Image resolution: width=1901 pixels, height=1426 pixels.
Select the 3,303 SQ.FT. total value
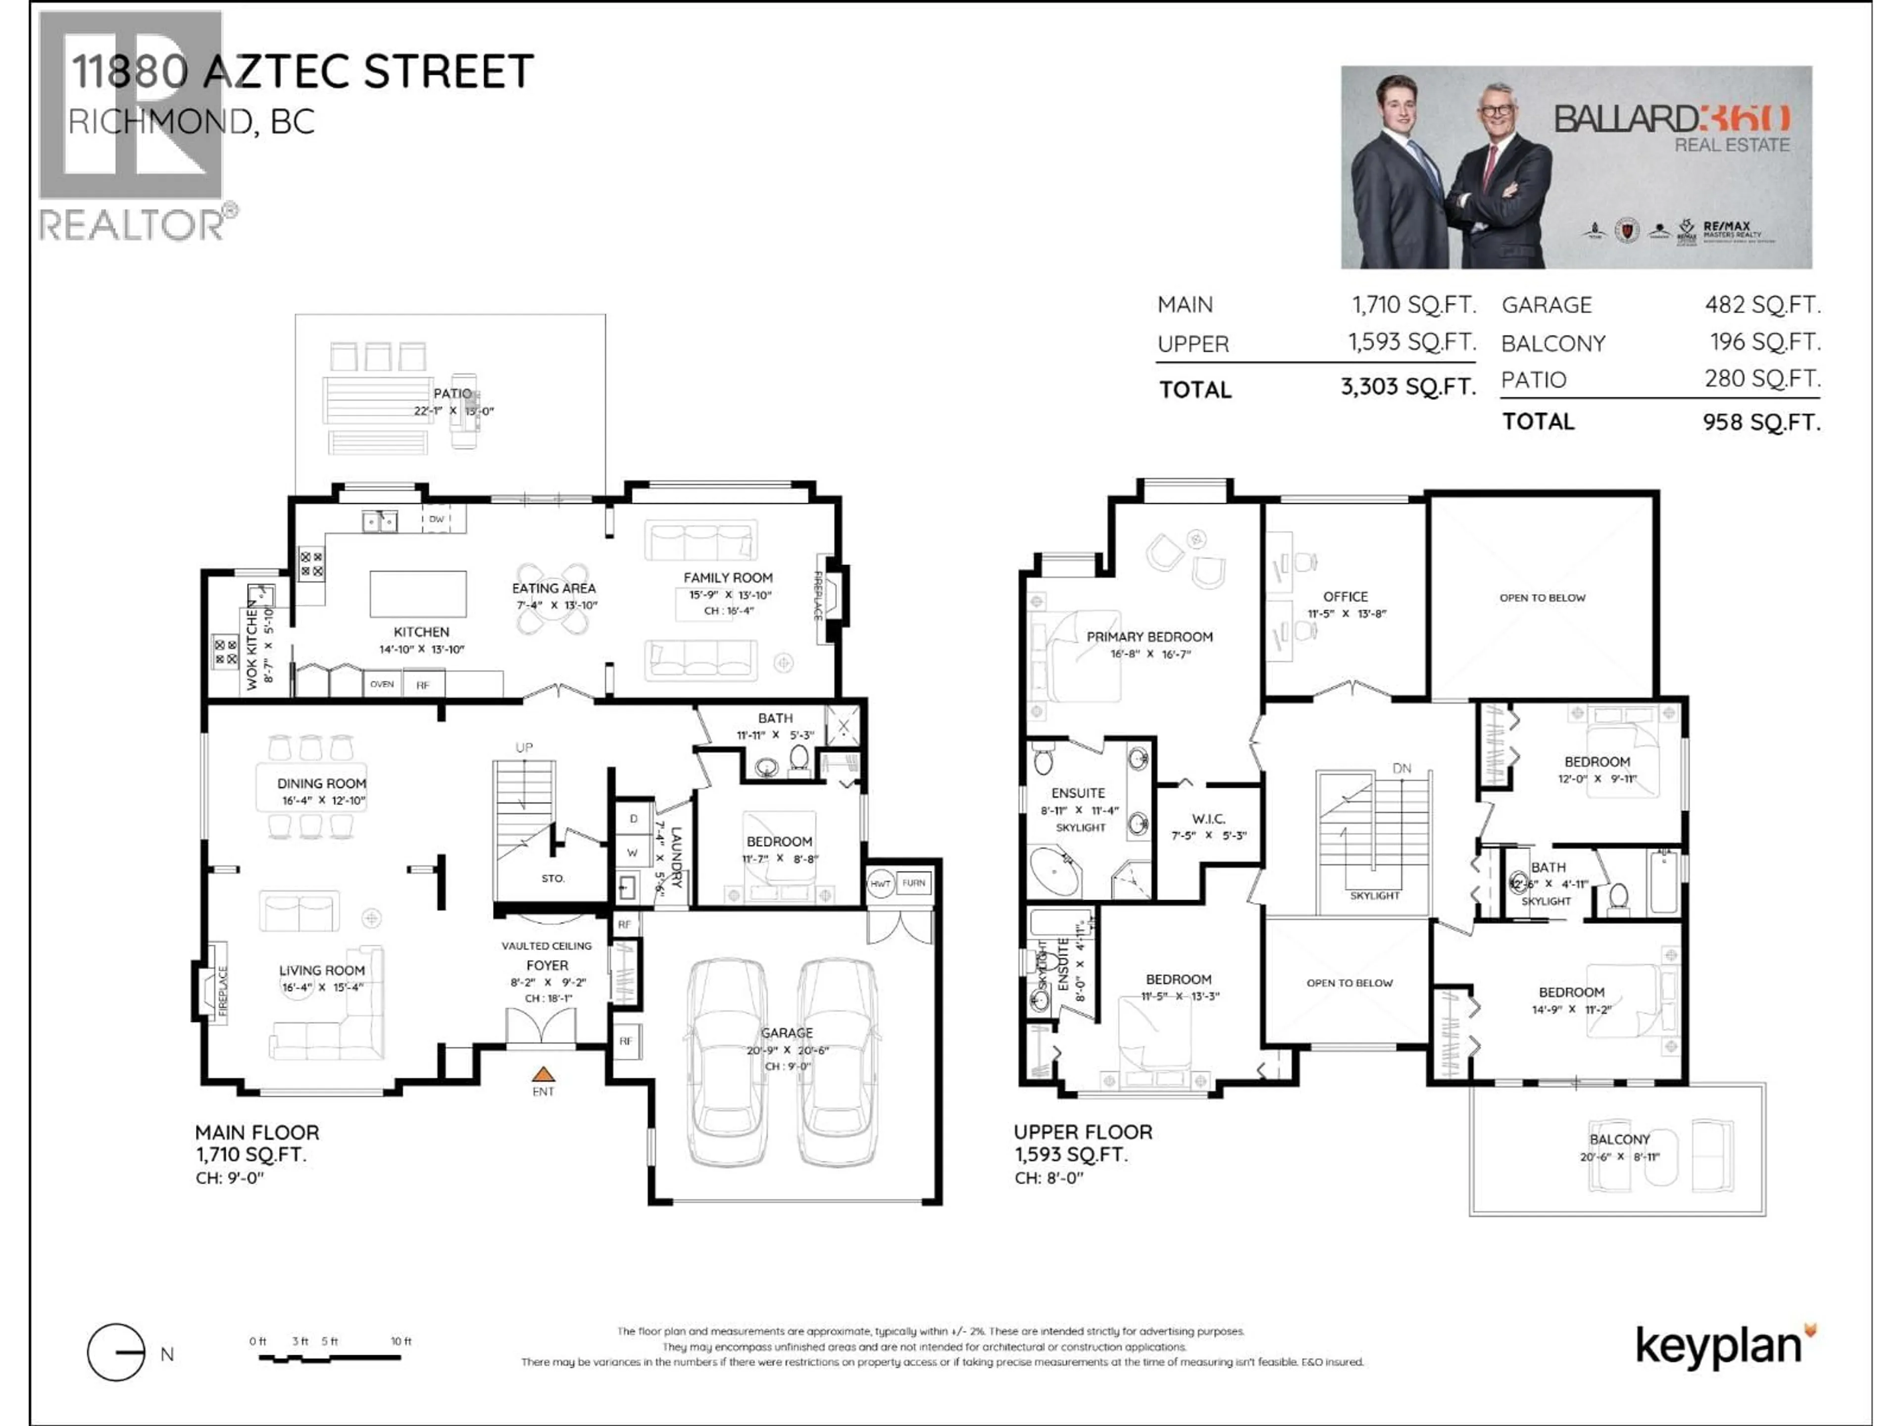point(1408,387)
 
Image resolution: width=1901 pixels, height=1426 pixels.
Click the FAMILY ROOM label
point(727,578)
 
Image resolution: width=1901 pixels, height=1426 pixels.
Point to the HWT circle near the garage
point(880,884)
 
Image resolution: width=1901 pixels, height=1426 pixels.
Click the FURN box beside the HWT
point(913,883)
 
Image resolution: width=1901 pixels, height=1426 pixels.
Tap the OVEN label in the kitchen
point(382,684)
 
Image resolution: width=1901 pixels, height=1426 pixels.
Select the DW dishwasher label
point(437,519)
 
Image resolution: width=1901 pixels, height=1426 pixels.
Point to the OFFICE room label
point(1345,597)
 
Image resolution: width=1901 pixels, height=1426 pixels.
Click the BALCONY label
point(1619,1139)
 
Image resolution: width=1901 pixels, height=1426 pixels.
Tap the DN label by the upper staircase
point(1401,768)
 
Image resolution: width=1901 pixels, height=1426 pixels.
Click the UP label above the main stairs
point(524,748)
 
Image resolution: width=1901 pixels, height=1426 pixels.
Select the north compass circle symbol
point(116,1352)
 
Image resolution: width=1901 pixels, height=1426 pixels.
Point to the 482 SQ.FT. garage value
point(1762,305)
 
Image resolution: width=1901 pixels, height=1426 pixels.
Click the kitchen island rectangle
point(418,594)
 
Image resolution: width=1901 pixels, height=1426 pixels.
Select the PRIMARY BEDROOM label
point(1149,637)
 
